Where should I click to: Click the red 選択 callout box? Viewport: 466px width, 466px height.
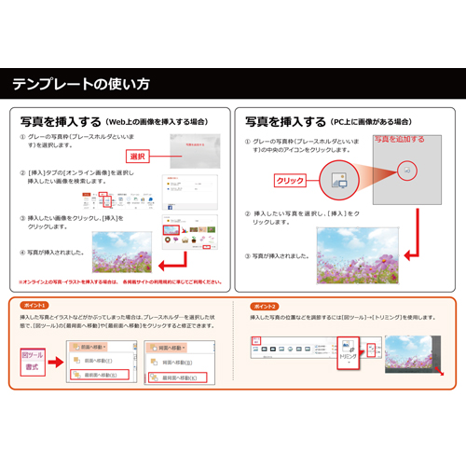point(139,156)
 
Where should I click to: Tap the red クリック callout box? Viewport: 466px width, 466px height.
point(290,179)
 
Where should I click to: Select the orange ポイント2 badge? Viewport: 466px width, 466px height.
point(265,306)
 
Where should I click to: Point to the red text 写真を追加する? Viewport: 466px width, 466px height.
point(398,140)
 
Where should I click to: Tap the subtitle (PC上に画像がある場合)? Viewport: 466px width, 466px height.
point(372,122)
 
